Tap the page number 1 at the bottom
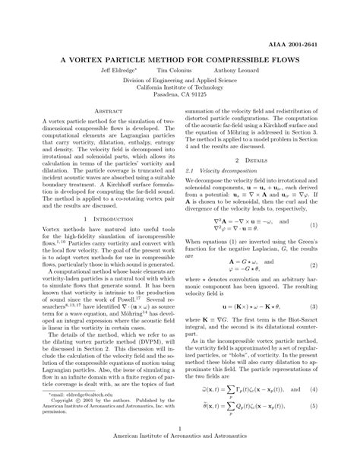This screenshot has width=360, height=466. tap(180, 449)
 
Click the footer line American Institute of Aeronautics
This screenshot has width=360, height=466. tap(180, 458)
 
